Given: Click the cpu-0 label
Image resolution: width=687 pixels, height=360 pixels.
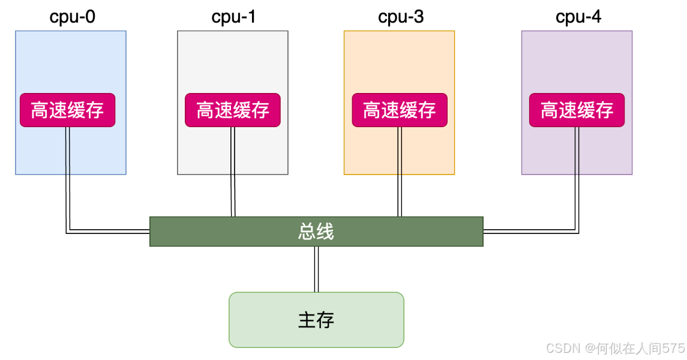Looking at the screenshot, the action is (72, 17).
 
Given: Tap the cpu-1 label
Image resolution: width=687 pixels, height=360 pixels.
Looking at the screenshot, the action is (233, 17).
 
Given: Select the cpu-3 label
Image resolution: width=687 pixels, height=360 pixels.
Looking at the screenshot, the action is (401, 17).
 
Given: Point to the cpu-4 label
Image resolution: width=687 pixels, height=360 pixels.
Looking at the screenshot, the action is (578, 17).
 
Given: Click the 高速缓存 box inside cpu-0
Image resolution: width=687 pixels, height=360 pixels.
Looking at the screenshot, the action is (67, 110).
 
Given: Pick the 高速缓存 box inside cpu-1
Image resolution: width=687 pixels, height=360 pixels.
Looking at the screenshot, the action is (233, 110).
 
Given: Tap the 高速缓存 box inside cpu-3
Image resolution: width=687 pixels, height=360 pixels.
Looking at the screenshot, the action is (400, 110).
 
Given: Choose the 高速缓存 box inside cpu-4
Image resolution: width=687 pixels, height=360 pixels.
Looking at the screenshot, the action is (577, 110).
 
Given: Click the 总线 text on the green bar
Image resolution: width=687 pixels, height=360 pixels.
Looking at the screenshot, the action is (316, 231).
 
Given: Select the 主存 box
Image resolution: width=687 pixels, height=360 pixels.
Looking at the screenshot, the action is (316, 320).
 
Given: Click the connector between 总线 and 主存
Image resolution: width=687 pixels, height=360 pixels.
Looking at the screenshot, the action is (316, 269).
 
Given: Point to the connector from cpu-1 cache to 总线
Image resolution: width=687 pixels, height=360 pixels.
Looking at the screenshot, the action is (233, 172).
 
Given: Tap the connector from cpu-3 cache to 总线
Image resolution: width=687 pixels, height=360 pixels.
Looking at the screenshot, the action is (400, 172).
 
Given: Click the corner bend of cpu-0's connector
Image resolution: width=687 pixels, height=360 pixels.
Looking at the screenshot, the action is (68, 232).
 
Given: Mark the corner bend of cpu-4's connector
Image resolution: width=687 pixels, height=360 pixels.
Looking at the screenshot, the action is (577, 232).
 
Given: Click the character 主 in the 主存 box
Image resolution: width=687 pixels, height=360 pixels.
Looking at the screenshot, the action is (307, 320).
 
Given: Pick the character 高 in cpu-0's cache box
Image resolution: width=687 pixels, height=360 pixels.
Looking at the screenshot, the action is (40, 110).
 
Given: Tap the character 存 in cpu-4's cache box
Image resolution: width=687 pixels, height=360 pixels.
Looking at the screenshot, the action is (605, 110).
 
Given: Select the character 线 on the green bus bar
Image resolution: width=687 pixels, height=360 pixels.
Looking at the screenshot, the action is (325, 231).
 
